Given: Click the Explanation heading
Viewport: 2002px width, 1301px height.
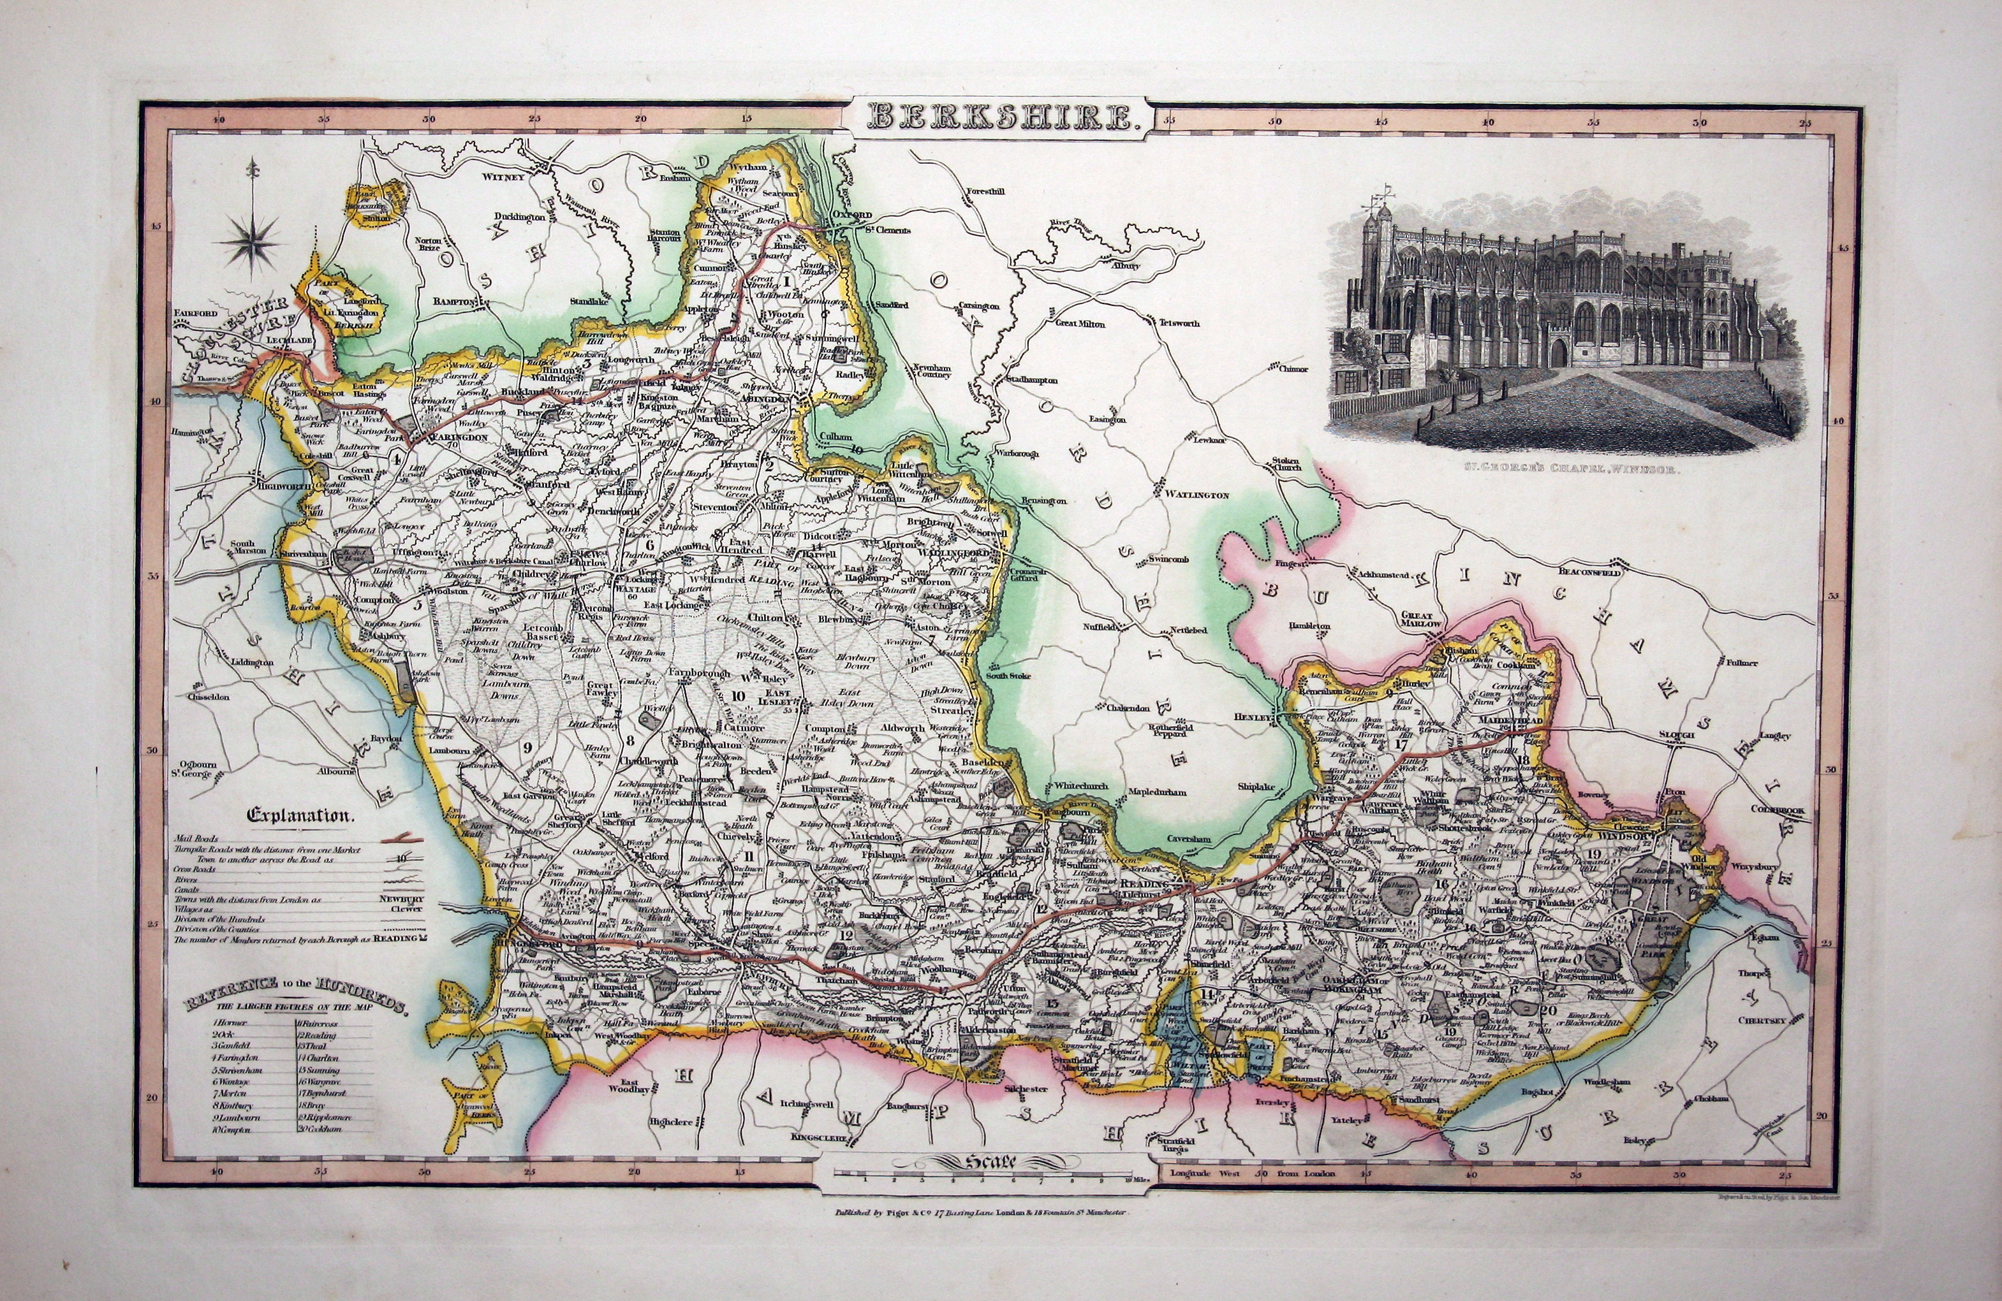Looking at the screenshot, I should (301, 815).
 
